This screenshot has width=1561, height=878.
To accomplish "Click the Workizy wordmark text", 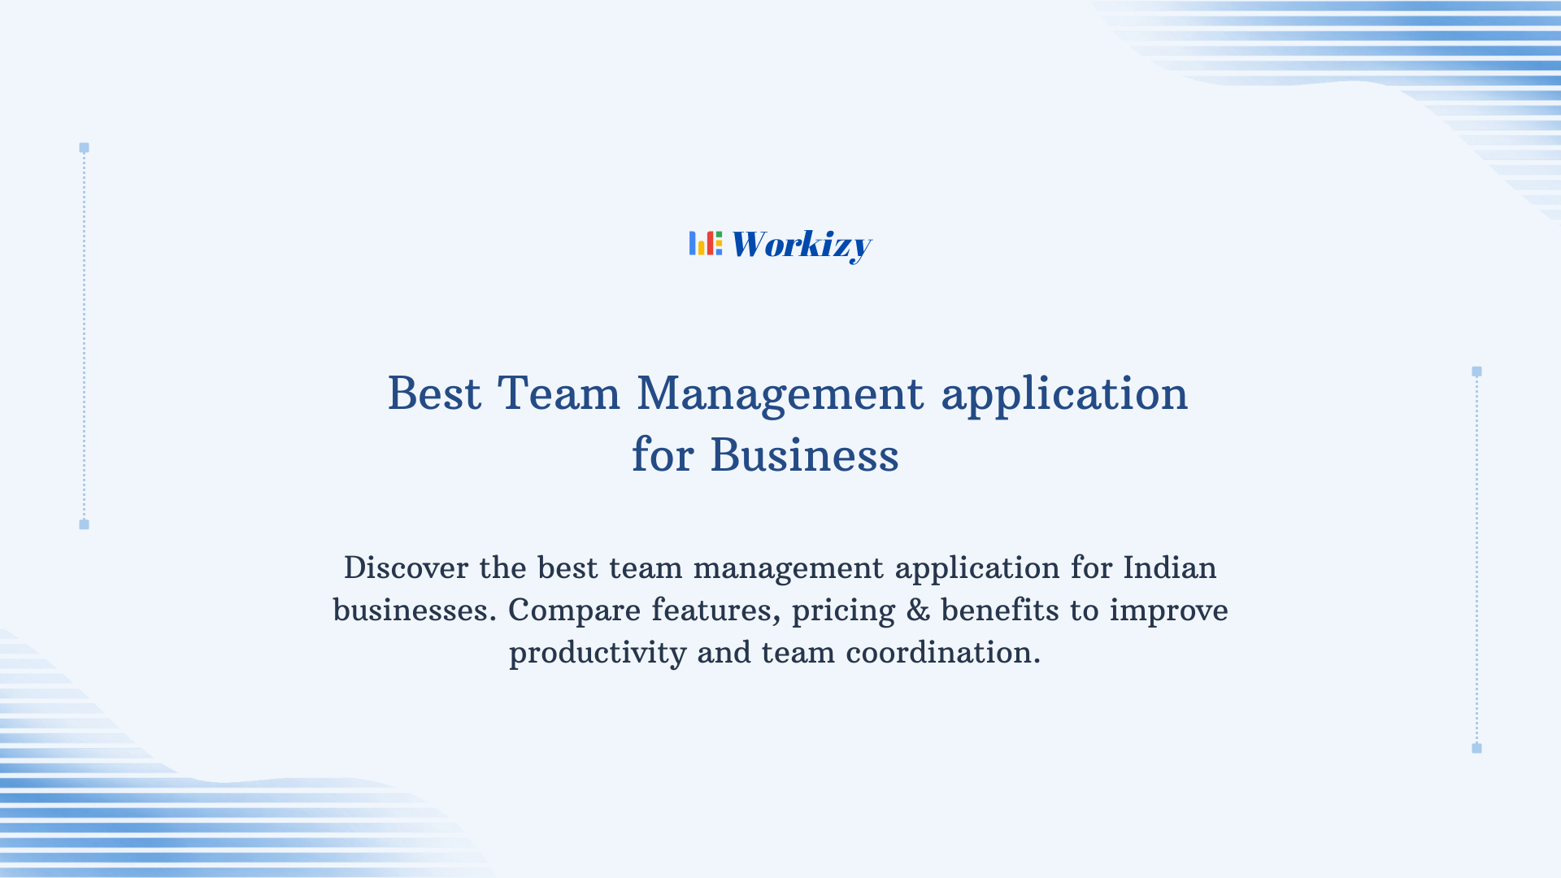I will point(801,245).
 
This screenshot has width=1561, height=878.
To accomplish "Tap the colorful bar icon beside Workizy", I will point(705,243).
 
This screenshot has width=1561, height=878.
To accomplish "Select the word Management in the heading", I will point(780,394).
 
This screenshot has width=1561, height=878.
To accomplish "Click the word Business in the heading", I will point(804,455).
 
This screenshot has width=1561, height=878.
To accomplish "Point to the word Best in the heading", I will point(434,394).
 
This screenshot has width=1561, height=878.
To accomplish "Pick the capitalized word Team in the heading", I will point(559,394).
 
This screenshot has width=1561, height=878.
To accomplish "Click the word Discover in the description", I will point(406,567).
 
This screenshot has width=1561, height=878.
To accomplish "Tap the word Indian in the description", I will point(1169,567).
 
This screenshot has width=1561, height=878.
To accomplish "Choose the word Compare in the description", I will point(574,610).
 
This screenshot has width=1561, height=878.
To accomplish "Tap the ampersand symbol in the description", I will point(918,610).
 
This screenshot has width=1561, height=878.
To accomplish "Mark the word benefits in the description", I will point(999,610).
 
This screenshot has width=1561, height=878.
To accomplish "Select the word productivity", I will point(598,653).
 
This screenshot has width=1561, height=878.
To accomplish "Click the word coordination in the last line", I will point(942,652).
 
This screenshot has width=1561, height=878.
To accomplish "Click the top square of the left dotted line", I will point(84,148).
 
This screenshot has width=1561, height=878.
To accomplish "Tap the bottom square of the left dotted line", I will point(84,524).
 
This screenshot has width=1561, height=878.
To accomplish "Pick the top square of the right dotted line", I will point(1476,372).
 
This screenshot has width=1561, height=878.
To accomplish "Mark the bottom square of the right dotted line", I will point(1476,748).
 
